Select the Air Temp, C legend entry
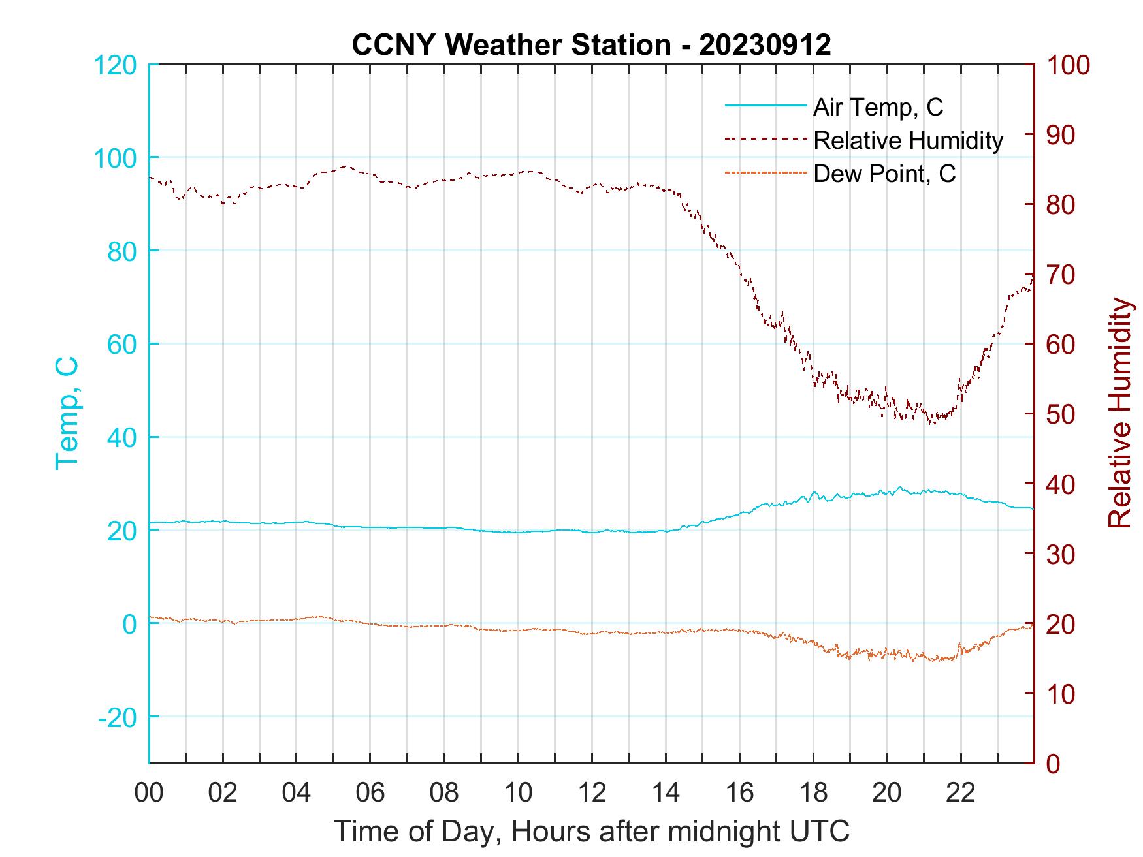878,107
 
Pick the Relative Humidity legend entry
908,140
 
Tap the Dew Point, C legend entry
884,174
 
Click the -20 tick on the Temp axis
118,717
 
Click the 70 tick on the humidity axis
1061,275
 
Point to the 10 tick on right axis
1061,694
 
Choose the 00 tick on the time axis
149,793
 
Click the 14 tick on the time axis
666,793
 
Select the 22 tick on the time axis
961,793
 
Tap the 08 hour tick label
444,793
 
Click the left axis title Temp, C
67,413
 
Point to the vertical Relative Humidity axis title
1119,413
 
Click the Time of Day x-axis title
592,832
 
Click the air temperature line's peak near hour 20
901,487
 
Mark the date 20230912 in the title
765,45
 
